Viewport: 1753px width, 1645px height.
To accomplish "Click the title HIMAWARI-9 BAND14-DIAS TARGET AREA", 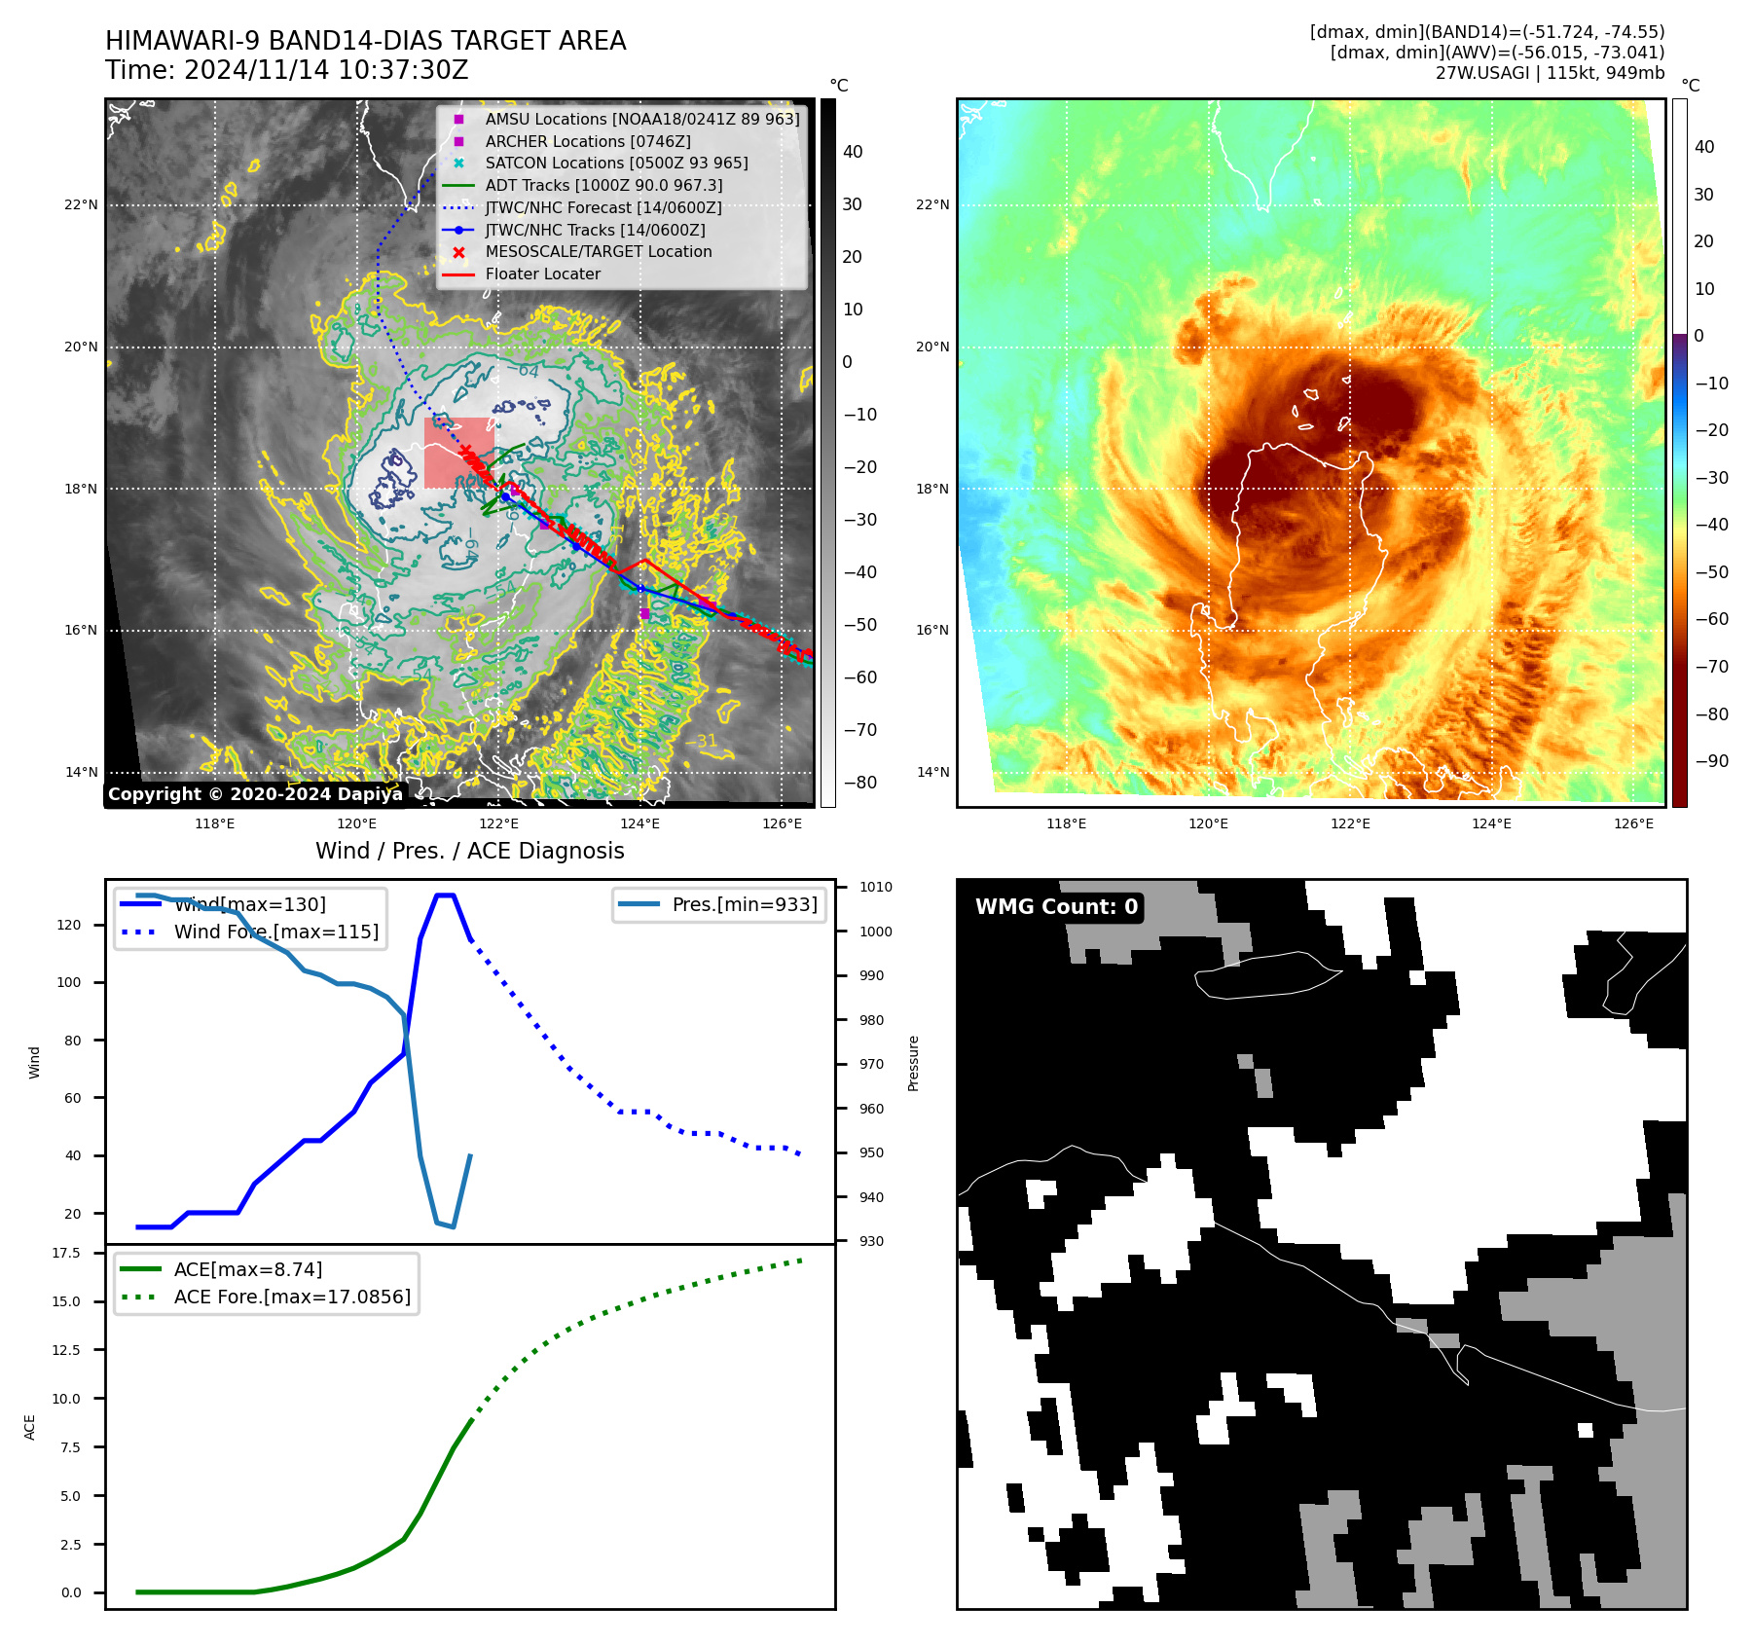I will (365, 41).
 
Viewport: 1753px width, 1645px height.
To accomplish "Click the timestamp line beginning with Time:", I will (286, 70).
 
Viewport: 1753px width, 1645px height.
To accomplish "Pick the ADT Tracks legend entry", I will (603, 185).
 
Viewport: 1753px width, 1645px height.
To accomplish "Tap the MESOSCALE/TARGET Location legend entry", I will (598, 251).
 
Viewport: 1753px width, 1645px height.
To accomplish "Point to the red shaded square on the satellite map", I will (458, 453).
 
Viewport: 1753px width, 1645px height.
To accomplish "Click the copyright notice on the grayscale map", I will (255, 793).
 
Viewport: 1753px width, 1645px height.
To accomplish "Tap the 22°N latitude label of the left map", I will (81, 204).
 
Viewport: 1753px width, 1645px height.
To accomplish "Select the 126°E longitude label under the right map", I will (1633, 823).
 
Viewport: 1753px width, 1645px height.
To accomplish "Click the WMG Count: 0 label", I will (1056, 906).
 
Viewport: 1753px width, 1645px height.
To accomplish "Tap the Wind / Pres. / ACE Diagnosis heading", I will (469, 851).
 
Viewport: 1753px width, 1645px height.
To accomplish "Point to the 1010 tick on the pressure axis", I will (875, 887).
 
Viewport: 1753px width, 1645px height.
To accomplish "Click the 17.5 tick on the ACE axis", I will (66, 1253).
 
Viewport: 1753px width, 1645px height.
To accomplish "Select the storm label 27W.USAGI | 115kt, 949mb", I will (1550, 73).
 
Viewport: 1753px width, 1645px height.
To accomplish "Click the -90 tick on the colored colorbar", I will (1711, 761).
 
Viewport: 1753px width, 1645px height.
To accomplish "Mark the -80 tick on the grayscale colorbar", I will (859, 782).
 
